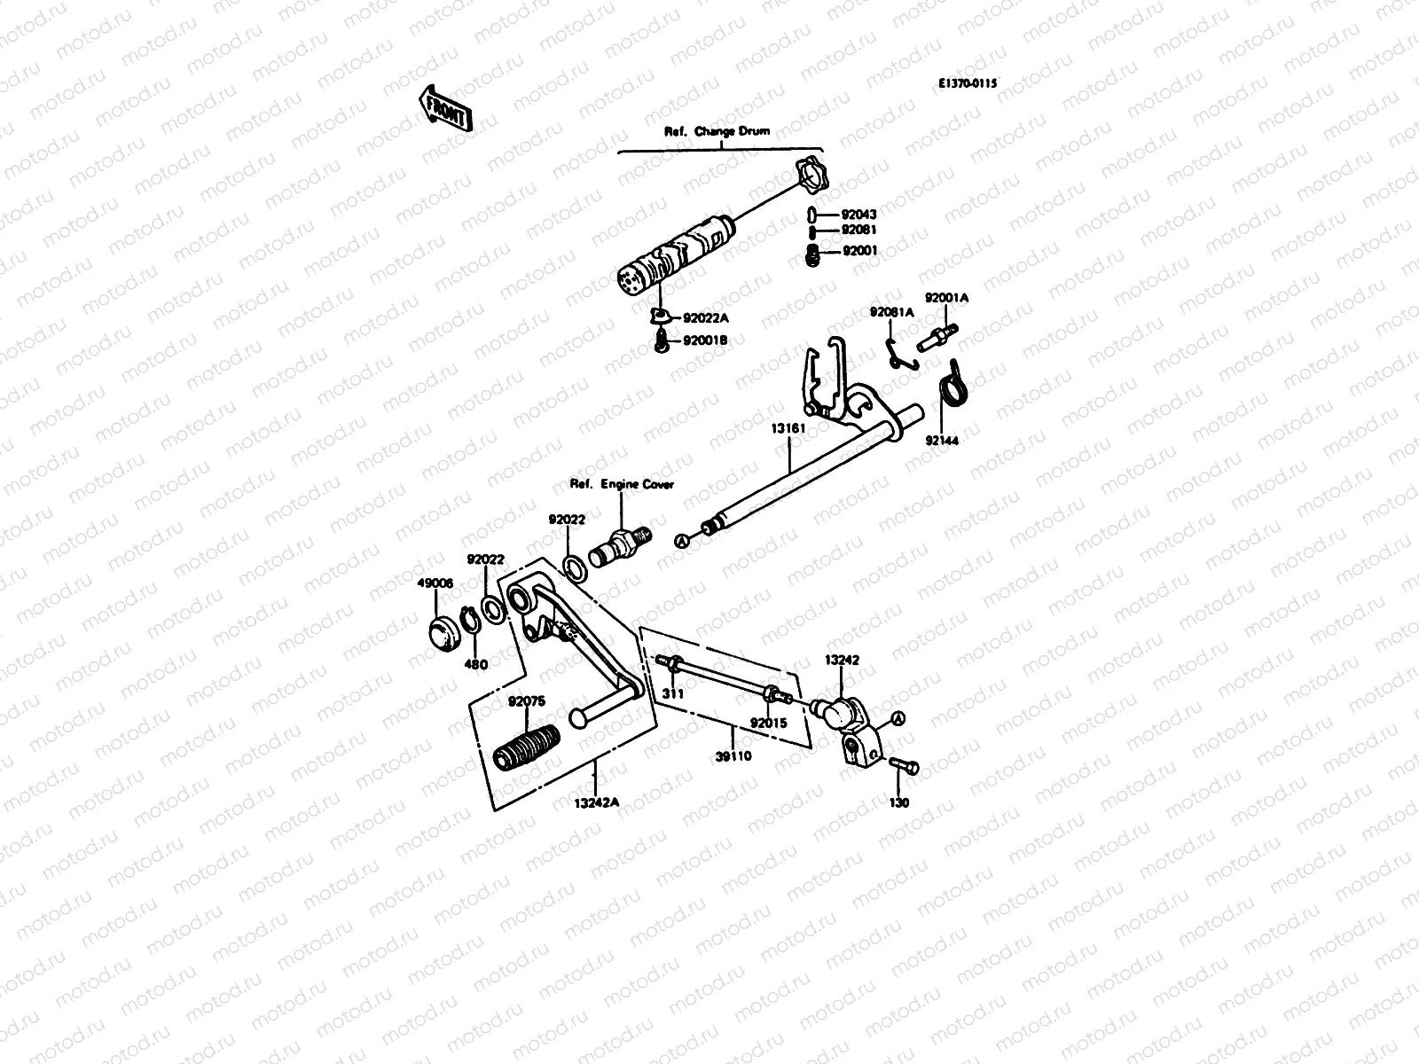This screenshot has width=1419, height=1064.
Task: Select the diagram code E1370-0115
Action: pyautogui.click(x=968, y=82)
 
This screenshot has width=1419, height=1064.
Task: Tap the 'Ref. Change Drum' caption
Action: pyautogui.click(x=717, y=131)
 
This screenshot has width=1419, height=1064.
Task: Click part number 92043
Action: pyautogui.click(x=858, y=214)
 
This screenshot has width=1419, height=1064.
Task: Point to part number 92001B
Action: pyautogui.click(x=705, y=340)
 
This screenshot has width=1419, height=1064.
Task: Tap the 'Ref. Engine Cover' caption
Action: pyautogui.click(x=621, y=484)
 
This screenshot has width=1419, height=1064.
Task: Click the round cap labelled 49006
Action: pyautogui.click(x=439, y=635)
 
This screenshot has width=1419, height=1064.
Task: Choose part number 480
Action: pyautogui.click(x=476, y=664)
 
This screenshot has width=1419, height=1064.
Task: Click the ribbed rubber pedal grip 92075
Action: pyautogui.click(x=526, y=747)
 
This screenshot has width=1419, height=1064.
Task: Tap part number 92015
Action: pyautogui.click(x=767, y=723)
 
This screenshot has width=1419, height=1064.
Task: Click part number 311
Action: pyautogui.click(x=673, y=692)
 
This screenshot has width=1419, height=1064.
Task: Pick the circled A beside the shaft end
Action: pyautogui.click(x=682, y=540)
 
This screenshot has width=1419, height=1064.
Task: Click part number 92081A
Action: pyautogui.click(x=891, y=312)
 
